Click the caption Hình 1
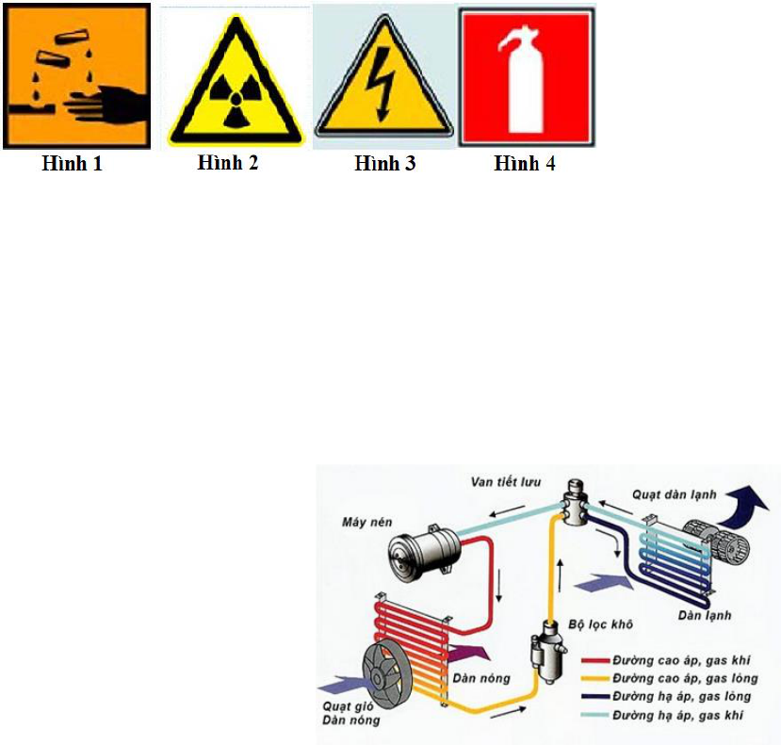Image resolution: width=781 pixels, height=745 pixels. pos(73,163)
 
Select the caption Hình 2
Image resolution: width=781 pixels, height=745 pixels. pos(228,162)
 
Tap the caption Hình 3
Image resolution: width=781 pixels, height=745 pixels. pos(385,163)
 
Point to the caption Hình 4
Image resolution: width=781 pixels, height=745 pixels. pos(525,163)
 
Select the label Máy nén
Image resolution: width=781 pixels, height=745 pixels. pos(367,522)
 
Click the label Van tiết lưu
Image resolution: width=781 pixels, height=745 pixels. pos(506,482)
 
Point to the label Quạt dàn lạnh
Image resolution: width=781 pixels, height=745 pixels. pos(675,494)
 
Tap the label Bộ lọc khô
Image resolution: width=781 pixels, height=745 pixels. pos(601,624)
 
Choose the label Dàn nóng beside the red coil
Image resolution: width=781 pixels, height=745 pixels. pos(481,678)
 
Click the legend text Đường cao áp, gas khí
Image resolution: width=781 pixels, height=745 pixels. pos(681,660)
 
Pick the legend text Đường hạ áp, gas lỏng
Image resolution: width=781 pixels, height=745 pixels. pos(682,696)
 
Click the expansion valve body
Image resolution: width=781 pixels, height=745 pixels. pos(576,502)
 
